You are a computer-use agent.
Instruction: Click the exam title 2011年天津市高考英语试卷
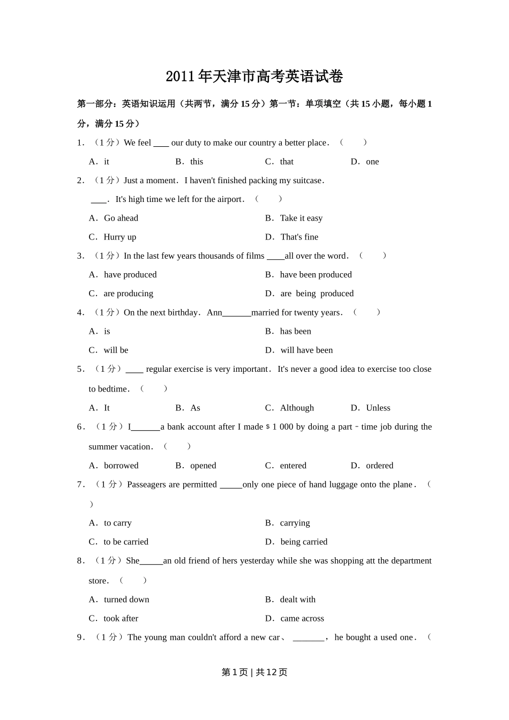254,77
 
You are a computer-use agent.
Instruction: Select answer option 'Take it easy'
301,218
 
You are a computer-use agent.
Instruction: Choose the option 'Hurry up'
119,237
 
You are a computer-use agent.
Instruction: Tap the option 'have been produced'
316,275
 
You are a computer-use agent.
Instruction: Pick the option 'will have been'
306,350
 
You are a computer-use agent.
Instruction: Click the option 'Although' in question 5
297,408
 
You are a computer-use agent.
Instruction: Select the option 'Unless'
378,408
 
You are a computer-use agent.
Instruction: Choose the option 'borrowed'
121,466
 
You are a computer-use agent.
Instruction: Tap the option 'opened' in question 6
203,466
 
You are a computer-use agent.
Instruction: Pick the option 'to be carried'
126,542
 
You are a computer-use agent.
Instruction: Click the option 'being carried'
304,542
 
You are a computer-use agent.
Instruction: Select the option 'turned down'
126,599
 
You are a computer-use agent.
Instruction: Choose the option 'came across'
302,619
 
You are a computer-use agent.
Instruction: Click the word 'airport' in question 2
227,199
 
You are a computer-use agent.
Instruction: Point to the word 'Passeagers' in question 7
146,485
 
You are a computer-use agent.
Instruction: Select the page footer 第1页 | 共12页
254,672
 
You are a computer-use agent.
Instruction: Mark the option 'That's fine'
299,237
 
